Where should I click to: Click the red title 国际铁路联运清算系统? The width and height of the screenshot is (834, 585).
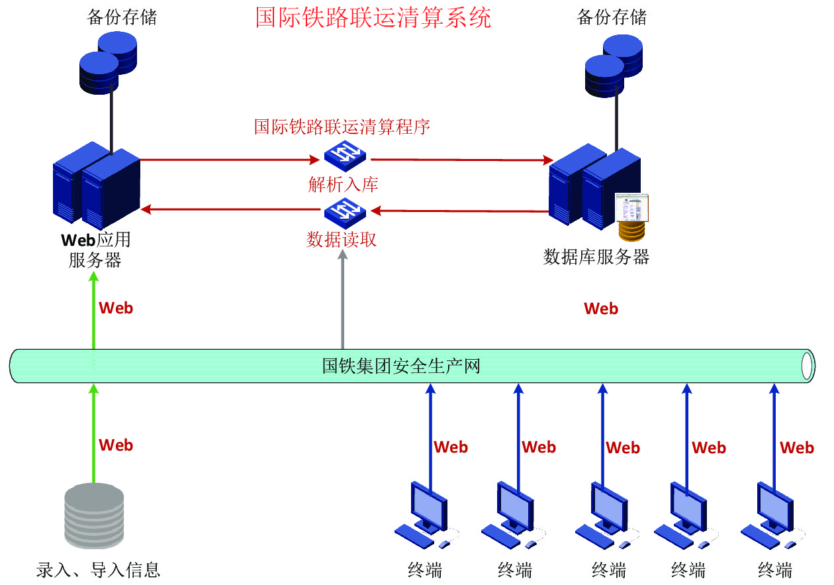pyautogui.click(x=373, y=18)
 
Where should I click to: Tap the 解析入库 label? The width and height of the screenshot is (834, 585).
pyautogui.click(x=343, y=184)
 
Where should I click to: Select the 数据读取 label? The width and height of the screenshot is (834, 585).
pyautogui.click(x=342, y=239)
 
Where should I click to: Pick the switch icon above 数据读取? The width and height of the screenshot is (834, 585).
pyautogui.click(x=345, y=211)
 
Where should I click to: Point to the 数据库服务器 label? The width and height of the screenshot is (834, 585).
pyautogui.click(x=596, y=257)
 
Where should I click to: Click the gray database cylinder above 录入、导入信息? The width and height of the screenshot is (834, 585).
pyautogui.click(x=95, y=515)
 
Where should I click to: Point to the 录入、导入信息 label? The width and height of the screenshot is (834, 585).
pyautogui.click(x=99, y=569)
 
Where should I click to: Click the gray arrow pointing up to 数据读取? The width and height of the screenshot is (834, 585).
pyautogui.click(x=342, y=298)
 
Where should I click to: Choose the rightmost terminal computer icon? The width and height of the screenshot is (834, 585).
pyautogui.click(x=772, y=517)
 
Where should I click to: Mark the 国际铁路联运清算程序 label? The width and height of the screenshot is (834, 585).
pyautogui.click(x=342, y=127)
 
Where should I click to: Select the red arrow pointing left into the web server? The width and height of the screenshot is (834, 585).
pyautogui.click(x=232, y=210)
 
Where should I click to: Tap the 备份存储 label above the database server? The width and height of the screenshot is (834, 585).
pyautogui.click(x=612, y=18)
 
